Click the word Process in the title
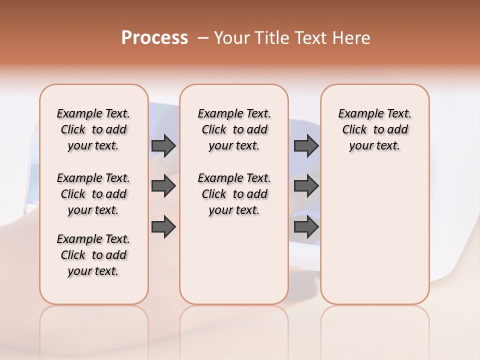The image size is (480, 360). click(x=154, y=38)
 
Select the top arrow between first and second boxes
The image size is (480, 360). click(x=163, y=145)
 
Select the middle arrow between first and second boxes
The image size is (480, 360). click(x=163, y=186)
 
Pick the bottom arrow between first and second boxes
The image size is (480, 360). click(x=163, y=227)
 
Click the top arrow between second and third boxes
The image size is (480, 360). click(x=306, y=145)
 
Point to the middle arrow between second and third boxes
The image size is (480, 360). click(x=306, y=186)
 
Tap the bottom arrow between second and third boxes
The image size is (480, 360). click(x=306, y=227)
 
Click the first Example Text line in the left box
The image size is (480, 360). click(x=93, y=113)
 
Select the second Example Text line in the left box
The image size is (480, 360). click(x=93, y=178)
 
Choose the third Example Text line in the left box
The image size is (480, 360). click(x=93, y=239)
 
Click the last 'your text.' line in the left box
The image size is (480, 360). click(x=93, y=271)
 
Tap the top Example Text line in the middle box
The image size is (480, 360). click(x=234, y=113)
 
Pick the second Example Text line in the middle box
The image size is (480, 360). click(x=234, y=178)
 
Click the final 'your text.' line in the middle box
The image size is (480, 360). click(x=234, y=210)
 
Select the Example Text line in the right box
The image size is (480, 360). click(x=374, y=113)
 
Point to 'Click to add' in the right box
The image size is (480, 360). click(x=375, y=129)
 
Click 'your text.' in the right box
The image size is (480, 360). click(x=374, y=145)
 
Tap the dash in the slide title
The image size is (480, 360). click(x=203, y=38)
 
